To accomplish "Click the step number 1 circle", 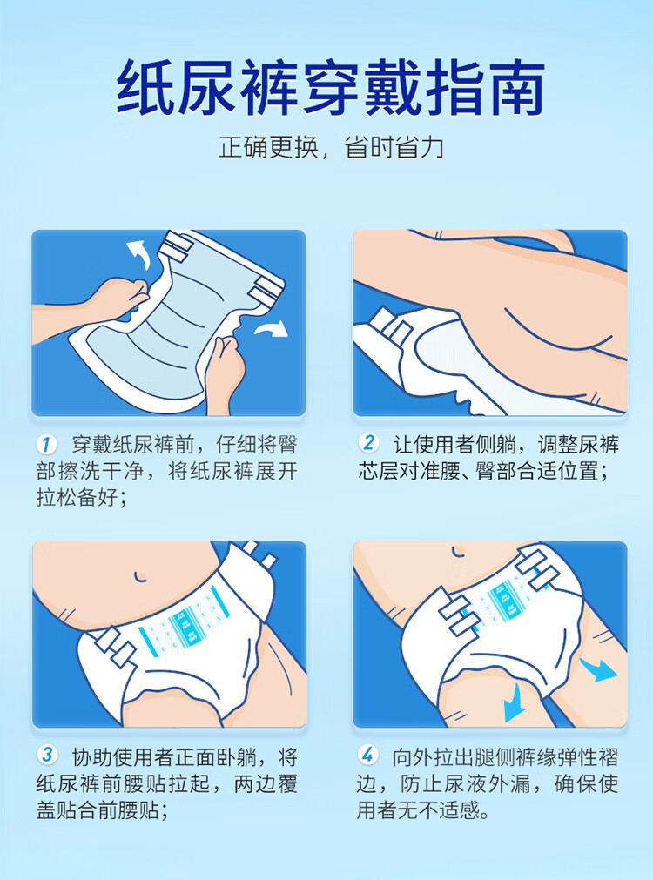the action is (x=46, y=445).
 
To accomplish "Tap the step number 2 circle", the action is (x=367, y=443).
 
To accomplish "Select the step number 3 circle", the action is (x=47, y=755).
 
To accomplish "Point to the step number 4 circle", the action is (x=367, y=755).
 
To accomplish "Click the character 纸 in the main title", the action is (x=146, y=88).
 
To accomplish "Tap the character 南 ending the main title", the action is (x=515, y=88).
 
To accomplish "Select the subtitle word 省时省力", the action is (x=394, y=148).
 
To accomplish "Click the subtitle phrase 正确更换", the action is (x=268, y=148).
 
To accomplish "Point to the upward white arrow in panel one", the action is (x=138, y=253).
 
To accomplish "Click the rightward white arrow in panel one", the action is (x=272, y=328).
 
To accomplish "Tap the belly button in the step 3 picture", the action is (x=138, y=576).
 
